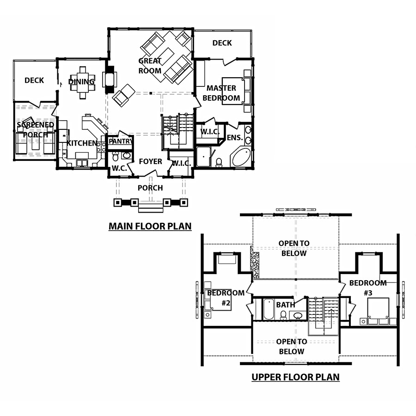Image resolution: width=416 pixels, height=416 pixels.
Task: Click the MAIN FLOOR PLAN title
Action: (x=150, y=226)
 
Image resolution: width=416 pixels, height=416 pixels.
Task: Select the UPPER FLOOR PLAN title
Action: (x=295, y=377)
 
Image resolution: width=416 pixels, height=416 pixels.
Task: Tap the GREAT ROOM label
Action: (x=150, y=66)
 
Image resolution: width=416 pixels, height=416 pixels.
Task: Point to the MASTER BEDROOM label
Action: (x=221, y=93)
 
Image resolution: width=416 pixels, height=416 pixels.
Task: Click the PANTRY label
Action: (x=121, y=141)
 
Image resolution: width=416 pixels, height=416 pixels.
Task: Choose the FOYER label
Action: (x=150, y=161)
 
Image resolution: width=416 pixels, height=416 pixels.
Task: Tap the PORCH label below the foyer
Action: (x=150, y=188)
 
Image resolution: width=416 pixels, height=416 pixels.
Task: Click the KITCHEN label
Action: (x=82, y=143)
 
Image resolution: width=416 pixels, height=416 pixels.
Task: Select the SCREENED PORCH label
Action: (x=35, y=130)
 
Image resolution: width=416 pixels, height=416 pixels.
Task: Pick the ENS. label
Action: (x=235, y=137)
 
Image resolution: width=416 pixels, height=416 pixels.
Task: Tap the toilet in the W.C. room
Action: (x=116, y=157)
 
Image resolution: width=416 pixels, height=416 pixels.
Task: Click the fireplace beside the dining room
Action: (x=110, y=80)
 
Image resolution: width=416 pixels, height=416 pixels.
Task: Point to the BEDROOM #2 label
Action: (x=226, y=298)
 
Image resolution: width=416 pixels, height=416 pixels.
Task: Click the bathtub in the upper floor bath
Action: (x=269, y=309)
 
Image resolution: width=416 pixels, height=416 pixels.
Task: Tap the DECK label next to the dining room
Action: (x=34, y=80)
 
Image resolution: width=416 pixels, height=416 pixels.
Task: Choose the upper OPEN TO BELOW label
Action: (x=294, y=248)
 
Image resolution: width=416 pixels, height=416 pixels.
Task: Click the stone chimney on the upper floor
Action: (x=255, y=263)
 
